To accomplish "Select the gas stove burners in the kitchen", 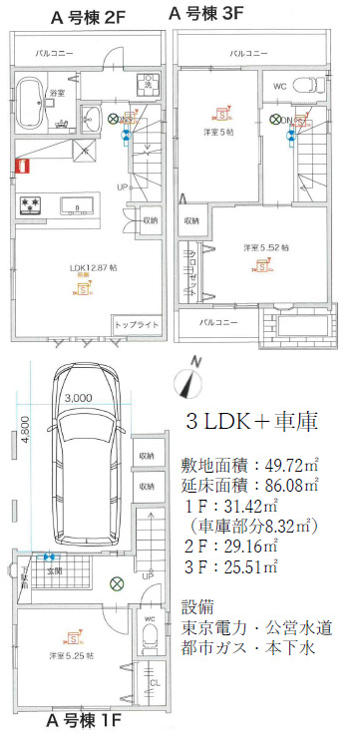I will click(29, 206).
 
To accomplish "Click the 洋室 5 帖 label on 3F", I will click(217, 132).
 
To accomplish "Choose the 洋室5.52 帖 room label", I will click(263, 245).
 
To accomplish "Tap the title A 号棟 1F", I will click(89, 721).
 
